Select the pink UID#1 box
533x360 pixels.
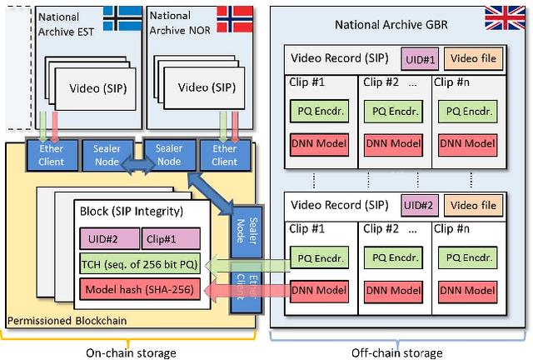click(420, 59)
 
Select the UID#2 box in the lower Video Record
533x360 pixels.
click(420, 204)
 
